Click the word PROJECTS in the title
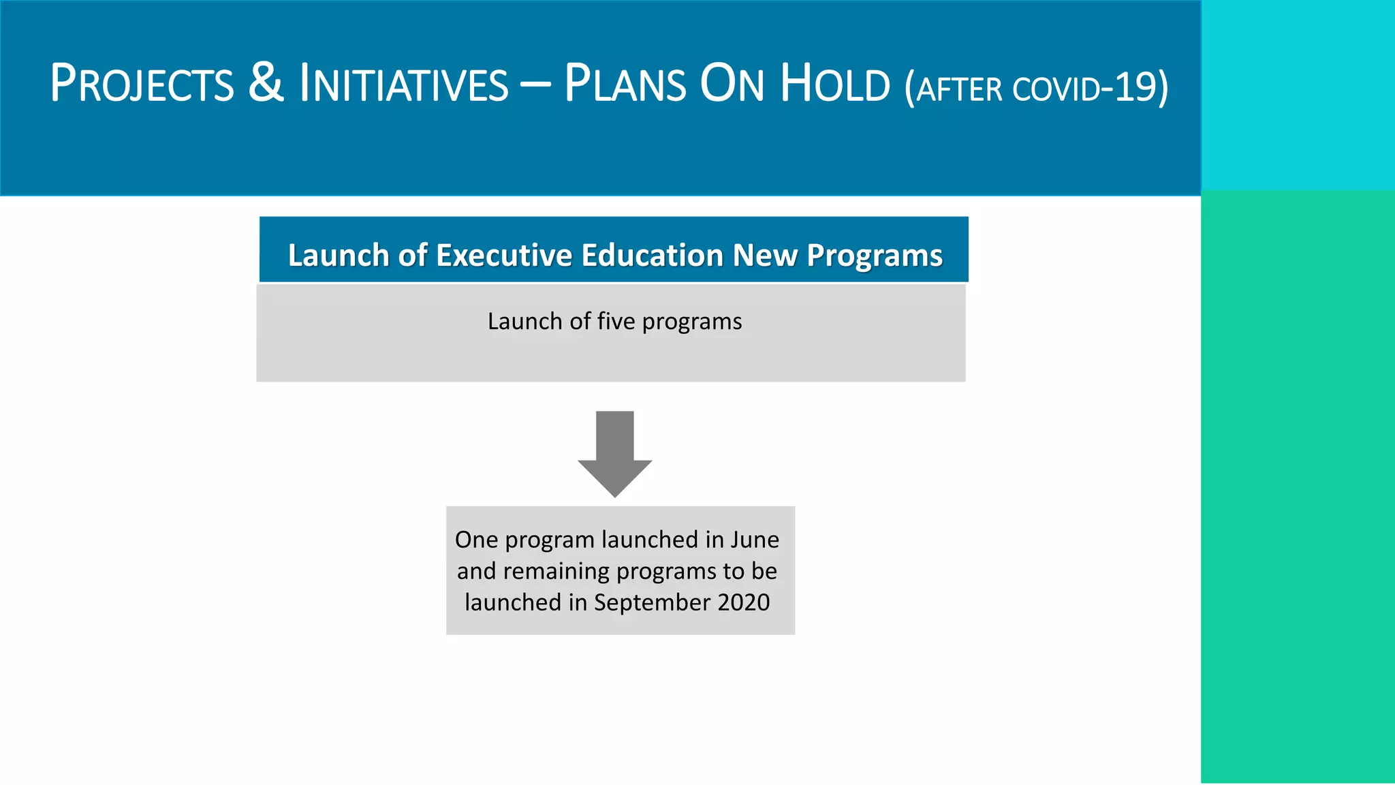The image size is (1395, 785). [142, 84]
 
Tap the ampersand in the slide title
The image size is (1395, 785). [266, 83]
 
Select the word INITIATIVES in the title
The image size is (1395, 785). [404, 84]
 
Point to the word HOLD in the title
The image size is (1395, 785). [835, 84]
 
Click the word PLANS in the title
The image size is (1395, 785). [625, 84]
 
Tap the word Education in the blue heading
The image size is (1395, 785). [652, 256]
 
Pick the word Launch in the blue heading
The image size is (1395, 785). [339, 256]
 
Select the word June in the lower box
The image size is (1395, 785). [755, 540]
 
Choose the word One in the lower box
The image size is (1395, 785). [477, 540]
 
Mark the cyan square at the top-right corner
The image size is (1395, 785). [1298, 95]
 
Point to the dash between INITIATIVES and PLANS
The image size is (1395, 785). [536, 87]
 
